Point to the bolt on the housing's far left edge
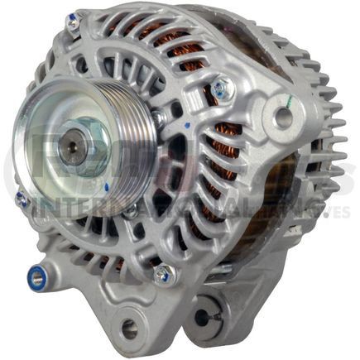(22, 199)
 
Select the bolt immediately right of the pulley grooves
(157, 118)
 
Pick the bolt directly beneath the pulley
(130, 210)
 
